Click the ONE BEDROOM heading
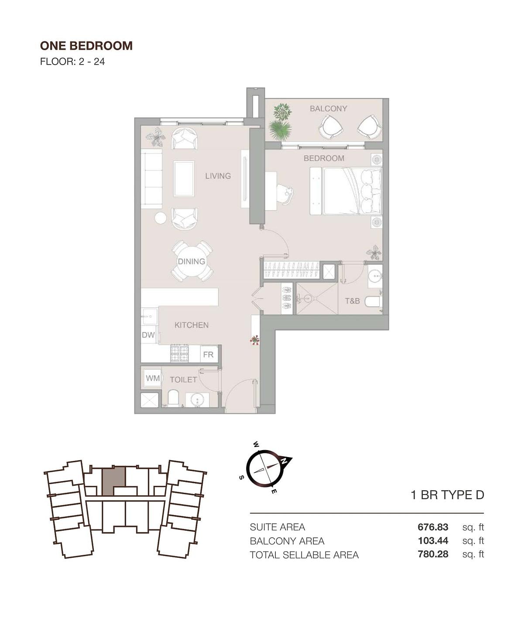(x=86, y=46)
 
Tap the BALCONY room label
(x=329, y=109)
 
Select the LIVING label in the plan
(x=218, y=176)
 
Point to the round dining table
(x=192, y=261)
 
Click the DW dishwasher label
(x=148, y=335)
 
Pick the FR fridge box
(x=209, y=354)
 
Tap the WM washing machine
(x=153, y=378)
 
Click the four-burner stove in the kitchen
(x=180, y=353)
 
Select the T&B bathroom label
(x=352, y=301)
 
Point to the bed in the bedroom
(x=346, y=191)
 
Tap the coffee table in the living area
(x=184, y=179)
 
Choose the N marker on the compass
(x=284, y=461)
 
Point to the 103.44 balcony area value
(x=433, y=541)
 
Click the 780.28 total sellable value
(x=433, y=554)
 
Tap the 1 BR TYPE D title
(x=447, y=495)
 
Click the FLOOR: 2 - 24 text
(x=72, y=61)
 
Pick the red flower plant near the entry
(x=255, y=340)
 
